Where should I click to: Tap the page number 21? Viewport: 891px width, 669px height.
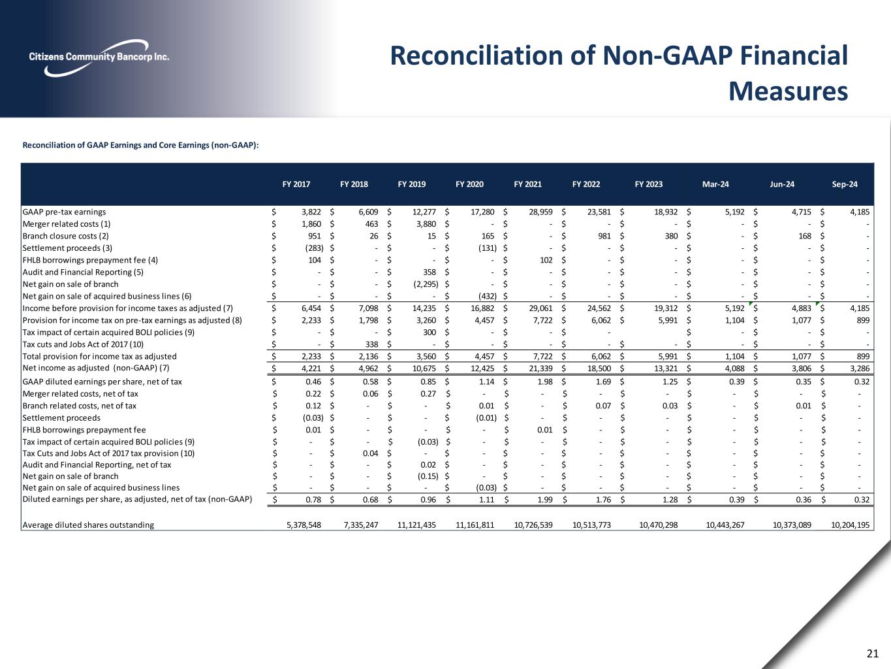(x=872, y=653)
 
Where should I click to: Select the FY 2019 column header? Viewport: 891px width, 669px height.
(x=411, y=184)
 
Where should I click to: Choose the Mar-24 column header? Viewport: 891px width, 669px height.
(x=715, y=184)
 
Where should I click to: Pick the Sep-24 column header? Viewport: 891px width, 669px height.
(x=844, y=184)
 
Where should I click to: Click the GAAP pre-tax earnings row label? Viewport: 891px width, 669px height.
(x=64, y=212)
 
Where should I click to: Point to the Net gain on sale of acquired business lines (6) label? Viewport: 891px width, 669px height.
(x=107, y=296)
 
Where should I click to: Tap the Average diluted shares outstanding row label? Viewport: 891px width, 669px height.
(x=88, y=525)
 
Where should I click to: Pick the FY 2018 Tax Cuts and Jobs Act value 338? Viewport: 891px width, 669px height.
(x=371, y=344)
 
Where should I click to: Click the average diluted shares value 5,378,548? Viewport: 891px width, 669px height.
(x=304, y=525)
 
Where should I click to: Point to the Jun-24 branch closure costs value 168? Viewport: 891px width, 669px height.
(x=803, y=236)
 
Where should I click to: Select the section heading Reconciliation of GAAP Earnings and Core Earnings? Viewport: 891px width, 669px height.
(x=141, y=145)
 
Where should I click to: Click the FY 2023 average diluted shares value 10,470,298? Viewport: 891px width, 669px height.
(x=658, y=525)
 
